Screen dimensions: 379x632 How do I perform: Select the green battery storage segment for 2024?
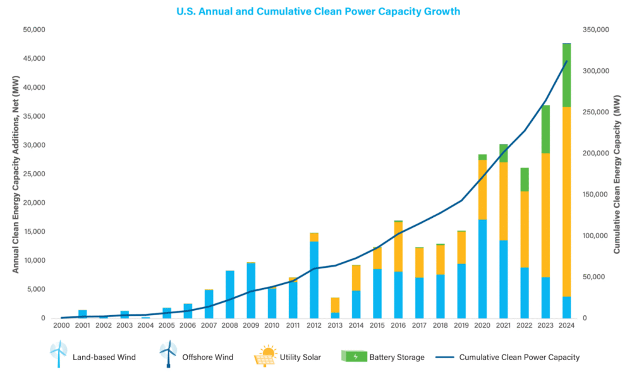click(x=567, y=75)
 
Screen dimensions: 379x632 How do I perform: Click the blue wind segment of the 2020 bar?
click(x=482, y=268)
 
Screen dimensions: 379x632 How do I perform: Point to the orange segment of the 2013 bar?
click(x=335, y=305)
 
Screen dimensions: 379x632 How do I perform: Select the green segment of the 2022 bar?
click(x=525, y=179)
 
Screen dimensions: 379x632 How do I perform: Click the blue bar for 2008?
click(x=230, y=294)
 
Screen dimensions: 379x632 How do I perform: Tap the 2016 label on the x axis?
click(x=398, y=325)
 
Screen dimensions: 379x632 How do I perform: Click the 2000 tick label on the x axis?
click(x=61, y=325)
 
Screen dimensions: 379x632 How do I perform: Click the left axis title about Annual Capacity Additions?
click(x=16, y=174)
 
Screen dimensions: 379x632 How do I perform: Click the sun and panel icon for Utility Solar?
click(x=266, y=357)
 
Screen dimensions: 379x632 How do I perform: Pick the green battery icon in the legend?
click(x=353, y=356)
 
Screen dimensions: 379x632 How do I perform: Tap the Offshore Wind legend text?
click(x=208, y=358)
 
